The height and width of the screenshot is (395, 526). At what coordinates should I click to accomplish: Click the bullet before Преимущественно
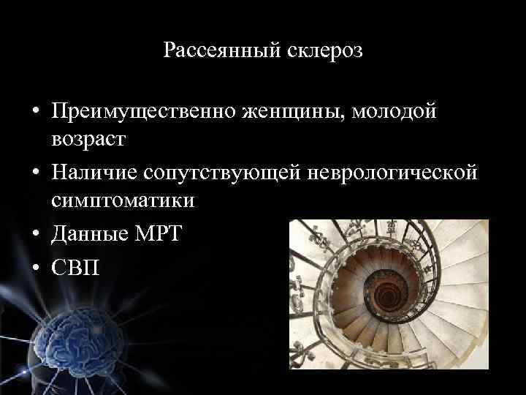pyautogui.click(x=35, y=113)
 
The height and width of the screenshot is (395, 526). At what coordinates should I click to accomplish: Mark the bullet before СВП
pyautogui.click(x=35, y=265)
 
